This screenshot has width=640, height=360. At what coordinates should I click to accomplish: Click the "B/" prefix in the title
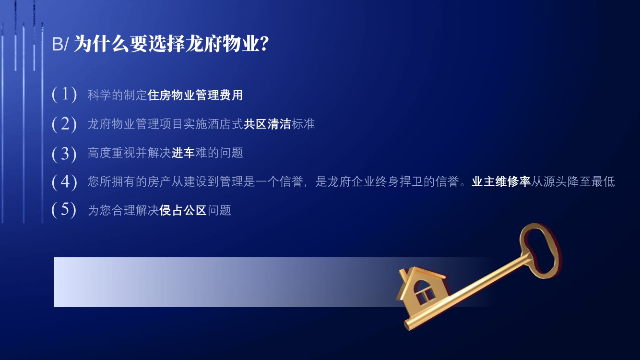(60, 44)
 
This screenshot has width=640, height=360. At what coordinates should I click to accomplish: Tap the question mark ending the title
(264, 44)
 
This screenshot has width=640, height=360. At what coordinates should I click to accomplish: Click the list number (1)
(64, 94)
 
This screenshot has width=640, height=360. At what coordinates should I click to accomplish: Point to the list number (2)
(64, 124)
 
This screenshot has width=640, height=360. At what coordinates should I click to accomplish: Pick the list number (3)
(64, 154)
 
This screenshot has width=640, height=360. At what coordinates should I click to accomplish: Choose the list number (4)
(64, 181)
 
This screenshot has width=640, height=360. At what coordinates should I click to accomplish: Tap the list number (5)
(64, 210)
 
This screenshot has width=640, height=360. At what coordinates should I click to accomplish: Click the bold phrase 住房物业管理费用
(195, 95)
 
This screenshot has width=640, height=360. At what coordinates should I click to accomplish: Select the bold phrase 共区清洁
(267, 124)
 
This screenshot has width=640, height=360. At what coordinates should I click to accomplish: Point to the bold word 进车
(183, 153)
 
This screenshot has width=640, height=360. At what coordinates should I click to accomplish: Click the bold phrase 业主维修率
(501, 182)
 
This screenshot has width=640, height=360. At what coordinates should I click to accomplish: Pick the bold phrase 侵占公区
(183, 210)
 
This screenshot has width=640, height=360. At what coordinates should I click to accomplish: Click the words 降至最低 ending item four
(591, 182)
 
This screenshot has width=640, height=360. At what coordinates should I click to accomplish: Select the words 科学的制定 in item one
(117, 95)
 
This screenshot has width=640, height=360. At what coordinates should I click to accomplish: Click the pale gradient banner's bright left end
(66, 282)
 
